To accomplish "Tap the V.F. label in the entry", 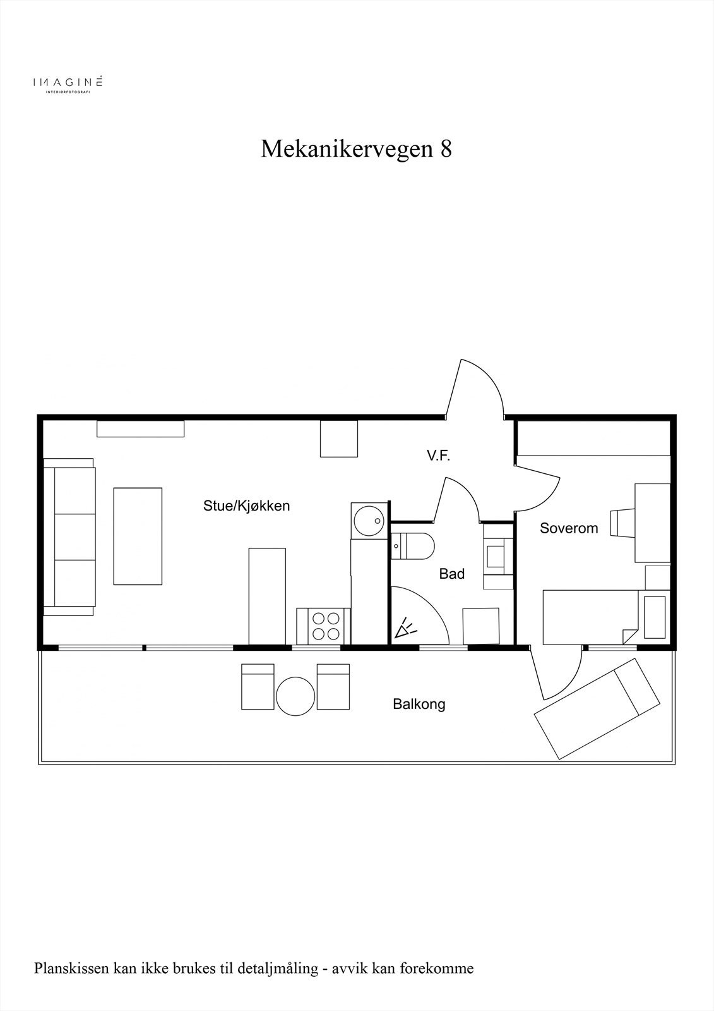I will [438, 456].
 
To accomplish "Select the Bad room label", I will [452, 574].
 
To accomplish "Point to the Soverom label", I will [569, 528].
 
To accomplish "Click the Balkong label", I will [419, 704].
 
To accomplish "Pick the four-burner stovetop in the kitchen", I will [323, 626].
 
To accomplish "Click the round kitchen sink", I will [369, 521].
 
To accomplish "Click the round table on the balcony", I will [295, 696].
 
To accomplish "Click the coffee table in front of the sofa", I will [138, 536].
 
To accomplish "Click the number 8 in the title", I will [446, 149].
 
